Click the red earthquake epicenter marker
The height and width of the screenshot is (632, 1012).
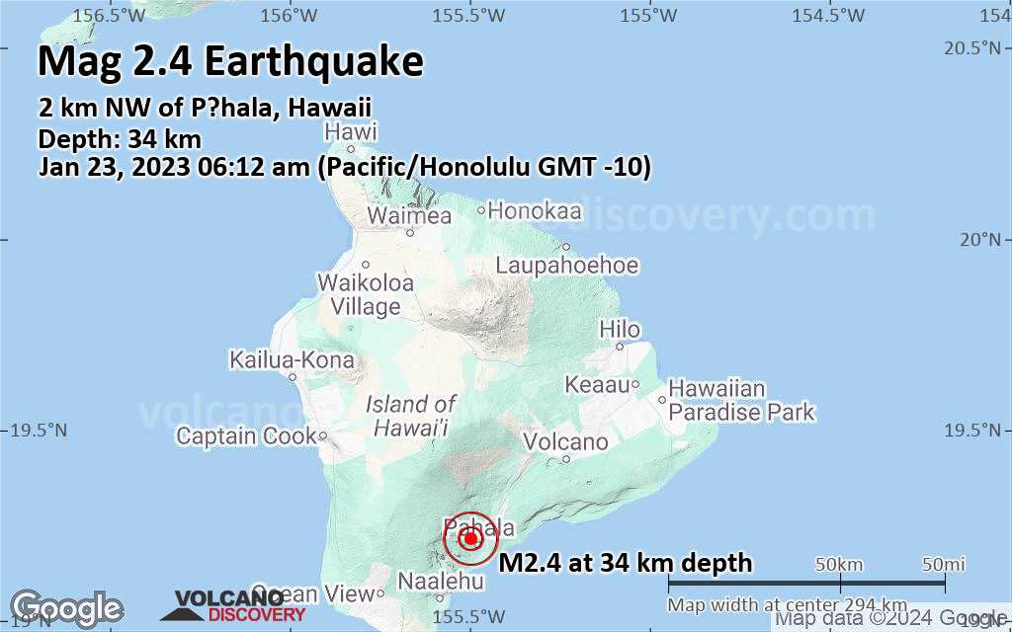coord(470,539)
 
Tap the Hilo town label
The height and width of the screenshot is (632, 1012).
coord(620,330)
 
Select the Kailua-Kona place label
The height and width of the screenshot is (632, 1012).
coord(292,360)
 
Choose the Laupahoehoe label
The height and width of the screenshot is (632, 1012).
coord(567,266)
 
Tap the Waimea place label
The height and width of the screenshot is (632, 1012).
coord(409,216)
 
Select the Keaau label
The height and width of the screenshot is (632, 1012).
coord(597,384)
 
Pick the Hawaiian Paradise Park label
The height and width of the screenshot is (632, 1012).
coord(741,400)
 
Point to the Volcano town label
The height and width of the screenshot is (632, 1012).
coord(565,442)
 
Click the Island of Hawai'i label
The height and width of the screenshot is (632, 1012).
coord(410,416)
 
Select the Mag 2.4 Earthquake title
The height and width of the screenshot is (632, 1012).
coord(230,61)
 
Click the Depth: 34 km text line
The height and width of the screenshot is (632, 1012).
coord(120,139)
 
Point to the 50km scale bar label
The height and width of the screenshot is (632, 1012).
coord(839,564)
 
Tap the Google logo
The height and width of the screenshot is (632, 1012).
coord(66,607)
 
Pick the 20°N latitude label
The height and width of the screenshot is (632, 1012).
coord(987,239)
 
